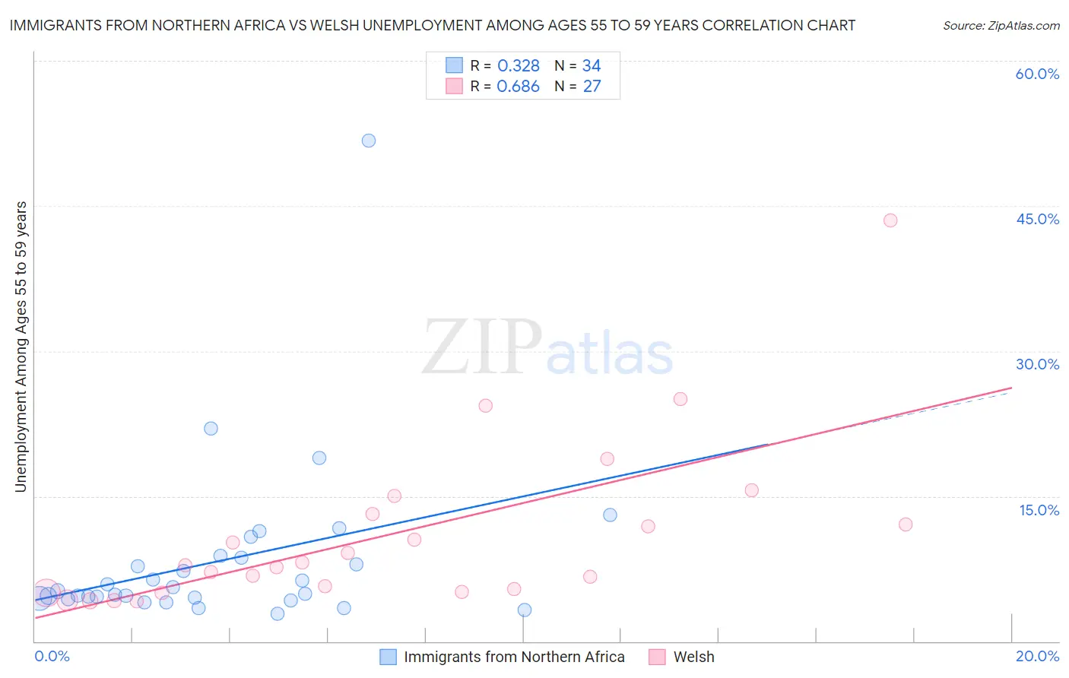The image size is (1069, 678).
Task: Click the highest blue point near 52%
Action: pyautogui.click(x=369, y=141)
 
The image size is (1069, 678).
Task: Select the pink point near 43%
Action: pyautogui.click(x=890, y=220)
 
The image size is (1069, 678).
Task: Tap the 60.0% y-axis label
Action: pyautogui.click(x=1037, y=74)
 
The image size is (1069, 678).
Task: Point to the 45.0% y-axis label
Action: pyautogui.click(x=1037, y=219)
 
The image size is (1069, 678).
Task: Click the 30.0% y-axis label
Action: pyautogui.click(x=1037, y=364)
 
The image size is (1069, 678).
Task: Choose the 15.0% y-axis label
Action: pyautogui.click(x=1039, y=510)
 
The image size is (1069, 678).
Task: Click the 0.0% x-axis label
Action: pyautogui.click(x=52, y=656)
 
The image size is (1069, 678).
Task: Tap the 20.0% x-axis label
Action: pyautogui.click(x=1037, y=656)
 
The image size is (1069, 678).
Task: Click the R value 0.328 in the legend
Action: pyautogui.click(x=518, y=66)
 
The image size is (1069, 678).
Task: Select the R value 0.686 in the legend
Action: pyautogui.click(x=518, y=87)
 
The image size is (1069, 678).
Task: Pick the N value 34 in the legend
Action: pyautogui.click(x=592, y=66)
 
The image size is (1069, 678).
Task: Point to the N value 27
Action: pyautogui.click(x=592, y=87)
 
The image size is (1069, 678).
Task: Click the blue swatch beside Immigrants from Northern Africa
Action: pyautogui.click(x=388, y=657)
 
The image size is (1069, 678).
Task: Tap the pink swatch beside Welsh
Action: pyautogui.click(x=657, y=657)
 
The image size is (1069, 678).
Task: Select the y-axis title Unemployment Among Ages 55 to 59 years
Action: pyautogui.click(x=21, y=346)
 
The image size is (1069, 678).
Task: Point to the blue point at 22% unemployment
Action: pyautogui.click(x=211, y=429)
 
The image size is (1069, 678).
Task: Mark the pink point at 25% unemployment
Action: pyautogui.click(x=680, y=399)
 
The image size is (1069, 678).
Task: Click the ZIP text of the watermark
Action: pyautogui.click(x=482, y=348)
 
